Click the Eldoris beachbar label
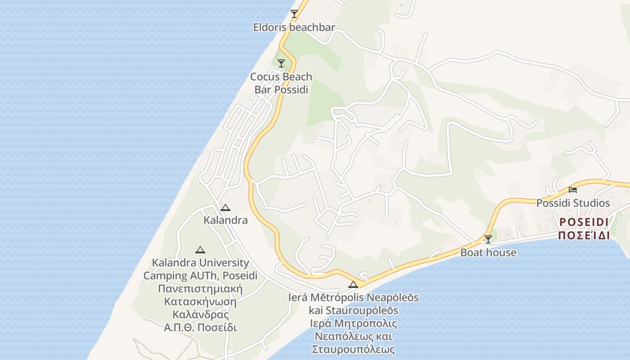click(x=294, y=27)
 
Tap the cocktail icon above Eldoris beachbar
click(x=294, y=14)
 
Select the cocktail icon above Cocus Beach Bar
click(x=281, y=63)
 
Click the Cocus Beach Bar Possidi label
click(x=281, y=83)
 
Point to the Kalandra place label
click(x=225, y=220)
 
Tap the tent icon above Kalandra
click(x=225, y=207)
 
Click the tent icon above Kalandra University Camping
click(x=200, y=250)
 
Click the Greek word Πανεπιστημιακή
click(x=200, y=288)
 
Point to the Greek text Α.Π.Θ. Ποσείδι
click(x=200, y=328)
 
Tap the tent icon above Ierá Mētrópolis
click(x=353, y=284)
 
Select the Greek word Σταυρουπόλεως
click(x=353, y=349)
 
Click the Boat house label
click(x=488, y=252)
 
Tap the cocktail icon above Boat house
click(x=488, y=239)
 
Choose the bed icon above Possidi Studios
click(x=573, y=189)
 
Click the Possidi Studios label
click(x=573, y=203)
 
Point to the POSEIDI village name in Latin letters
click(x=584, y=222)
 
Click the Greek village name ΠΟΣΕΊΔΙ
click(x=584, y=235)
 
